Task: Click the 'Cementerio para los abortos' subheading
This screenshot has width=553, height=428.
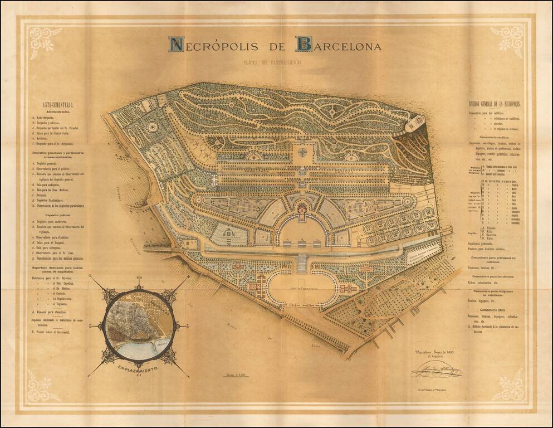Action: (x=495, y=276)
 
